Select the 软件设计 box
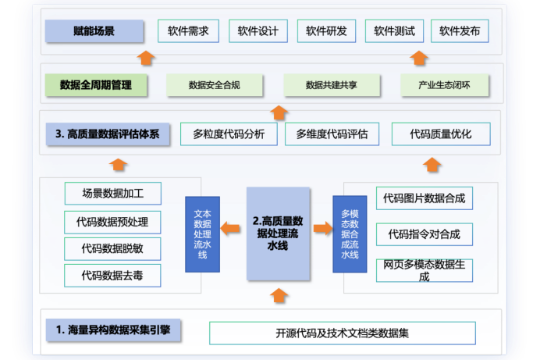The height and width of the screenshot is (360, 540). tap(258, 31)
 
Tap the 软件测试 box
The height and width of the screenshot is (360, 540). tap(394, 31)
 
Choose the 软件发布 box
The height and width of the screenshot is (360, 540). tap(460, 31)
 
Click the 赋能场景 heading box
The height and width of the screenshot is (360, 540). tap(94, 31)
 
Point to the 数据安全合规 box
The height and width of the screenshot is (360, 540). tap(215, 84)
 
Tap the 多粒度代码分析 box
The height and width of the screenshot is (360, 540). tap(229, 134)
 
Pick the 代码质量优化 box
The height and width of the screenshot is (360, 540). tap(441, 134)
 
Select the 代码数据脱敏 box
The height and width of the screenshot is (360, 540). tap(113, 249)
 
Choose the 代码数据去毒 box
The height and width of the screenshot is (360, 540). tap(113, 276)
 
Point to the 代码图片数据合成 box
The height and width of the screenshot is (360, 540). tap(425, 199)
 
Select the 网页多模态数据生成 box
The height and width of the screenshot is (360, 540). tap(425, 270)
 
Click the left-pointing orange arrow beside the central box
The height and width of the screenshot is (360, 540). tap(230, 229)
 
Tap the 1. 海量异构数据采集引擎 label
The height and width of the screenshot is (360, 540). tap(114, 330)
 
